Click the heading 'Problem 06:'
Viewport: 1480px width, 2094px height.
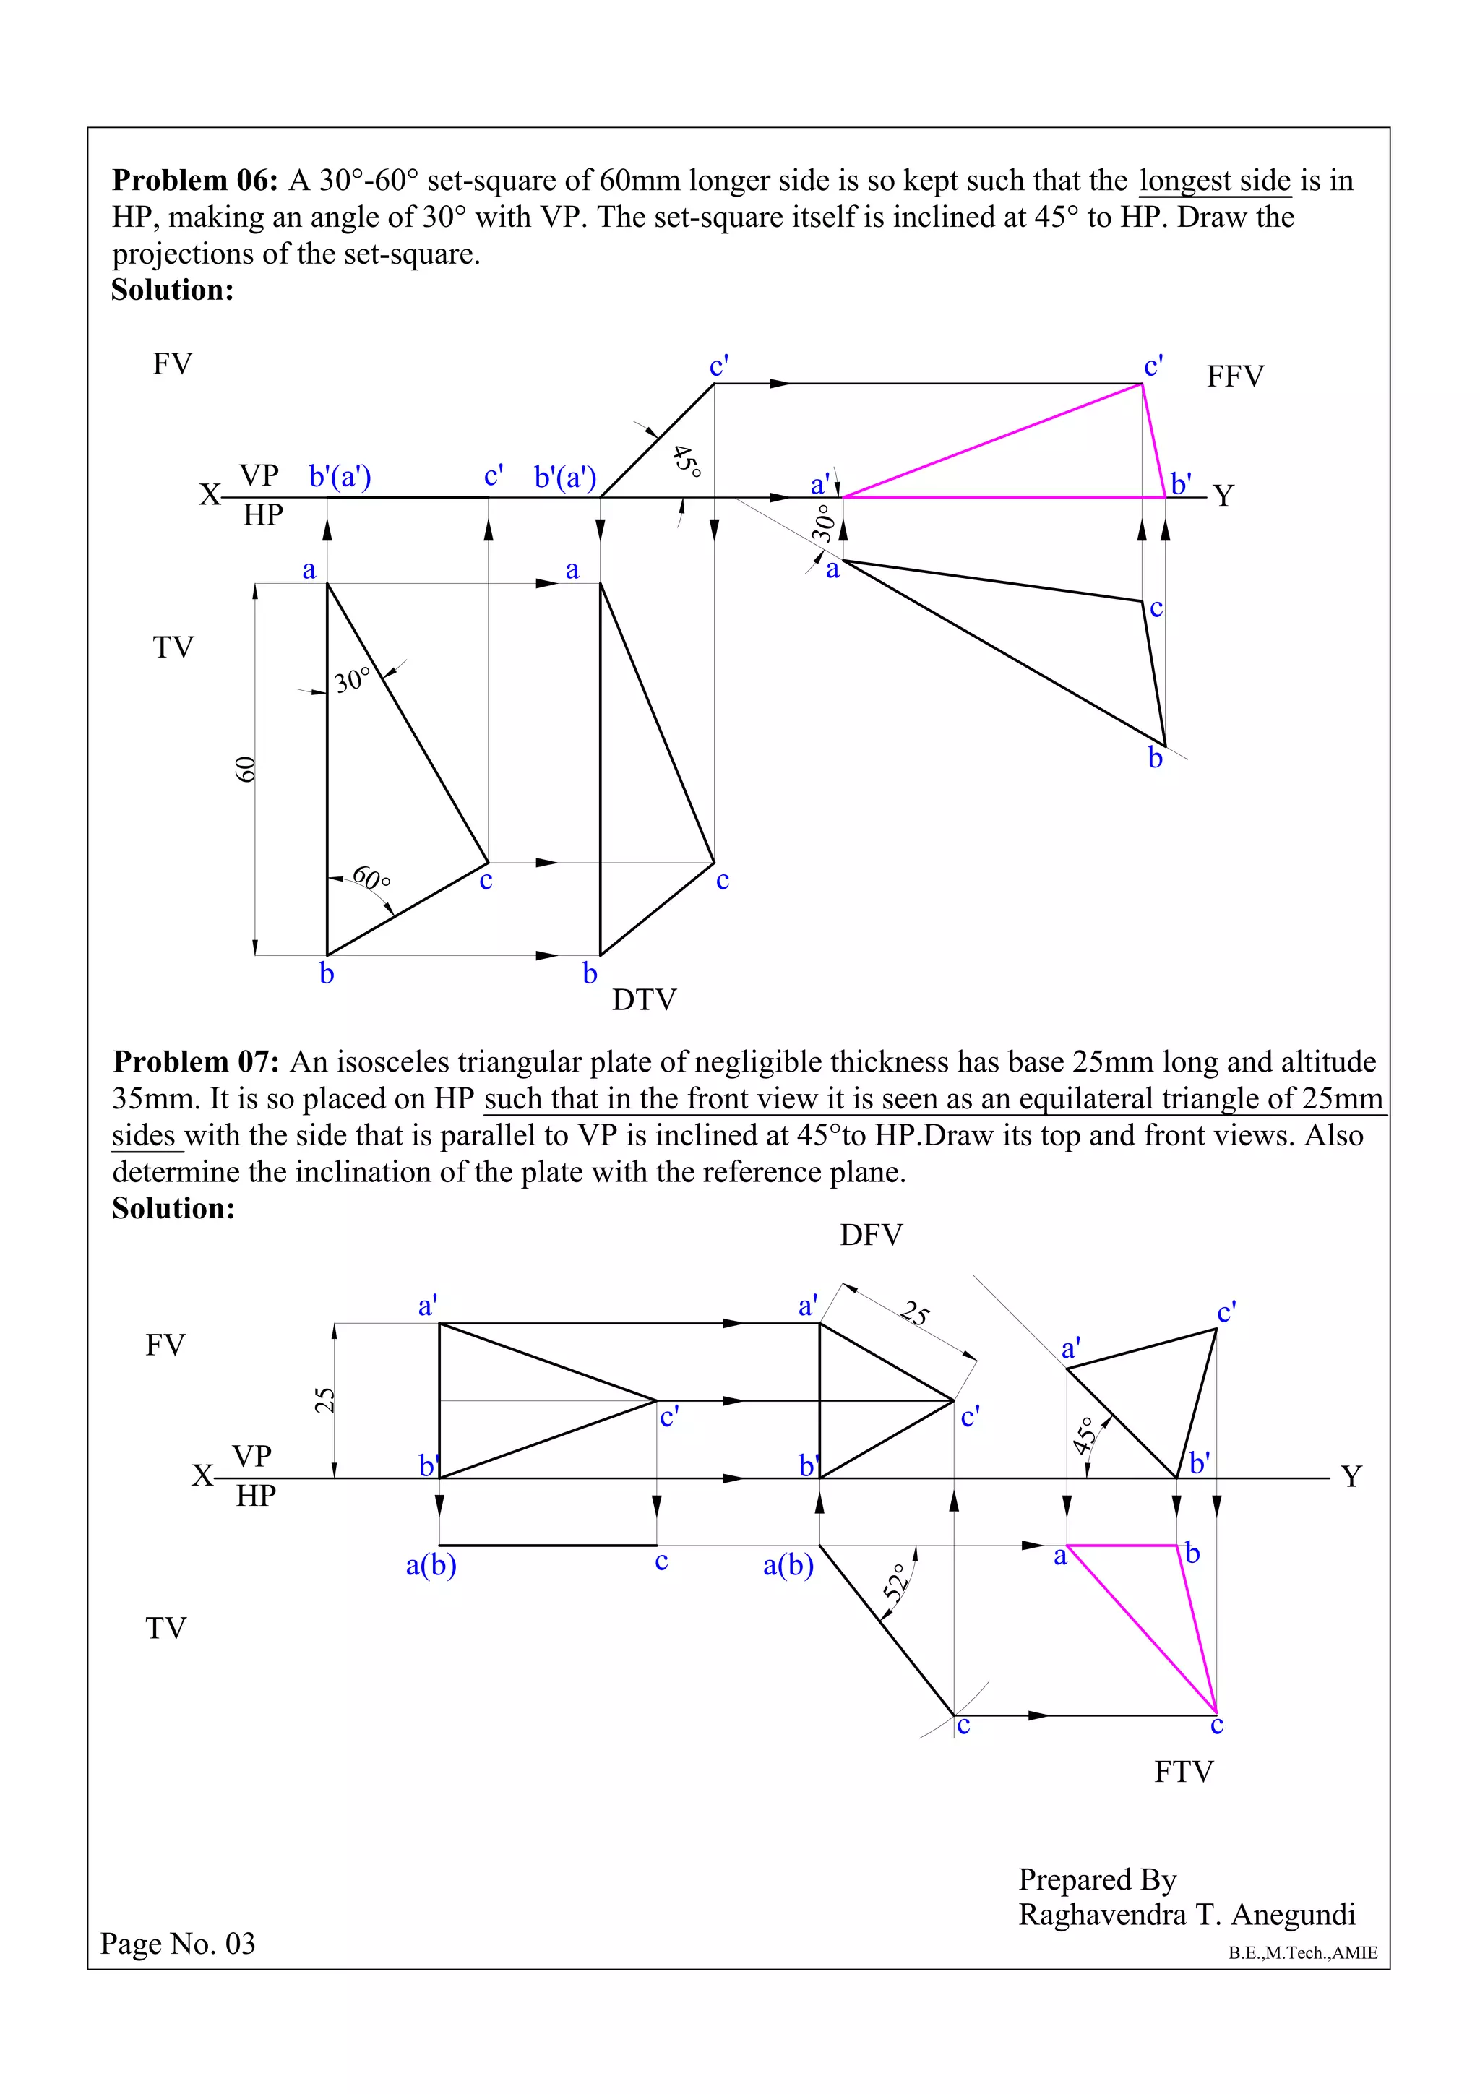click(194, 181)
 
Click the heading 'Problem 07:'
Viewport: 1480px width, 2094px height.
click(195, 1061)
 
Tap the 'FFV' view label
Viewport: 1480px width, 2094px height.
click(1235, 376)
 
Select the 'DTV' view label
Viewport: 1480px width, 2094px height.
click(644, 1001)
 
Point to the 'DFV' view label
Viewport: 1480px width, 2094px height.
click(871, 1235)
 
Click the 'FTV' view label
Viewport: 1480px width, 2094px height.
click(1183, 1772)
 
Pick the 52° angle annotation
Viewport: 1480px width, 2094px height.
click(898, 1583)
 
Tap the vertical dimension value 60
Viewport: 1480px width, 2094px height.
click(245, 769)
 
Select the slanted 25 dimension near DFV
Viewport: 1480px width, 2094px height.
click(915, 1314)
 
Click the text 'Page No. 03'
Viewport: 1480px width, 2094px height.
click(178, 1944)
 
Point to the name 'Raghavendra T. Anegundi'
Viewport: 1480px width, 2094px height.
click(1187, 1914)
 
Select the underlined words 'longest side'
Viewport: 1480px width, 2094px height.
click(1215, 181)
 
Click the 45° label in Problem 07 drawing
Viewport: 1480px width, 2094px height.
click(1083, 1436)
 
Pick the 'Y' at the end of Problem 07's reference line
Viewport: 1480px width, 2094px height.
click(1351, 1475)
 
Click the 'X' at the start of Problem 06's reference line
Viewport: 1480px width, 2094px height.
click(210, 495)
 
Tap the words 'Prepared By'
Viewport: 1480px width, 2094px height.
click(1097, 1879)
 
